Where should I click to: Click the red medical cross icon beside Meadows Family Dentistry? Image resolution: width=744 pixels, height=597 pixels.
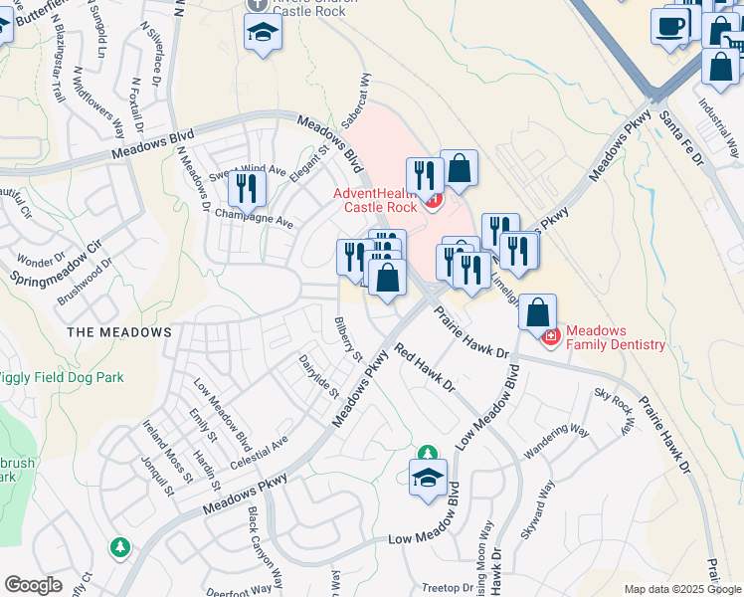(549, 338)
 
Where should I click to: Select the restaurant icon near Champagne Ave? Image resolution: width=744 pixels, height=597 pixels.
(247, 188)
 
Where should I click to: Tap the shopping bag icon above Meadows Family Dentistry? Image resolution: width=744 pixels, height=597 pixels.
(537, 312)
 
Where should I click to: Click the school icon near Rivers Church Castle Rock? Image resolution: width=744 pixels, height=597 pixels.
(263, 33)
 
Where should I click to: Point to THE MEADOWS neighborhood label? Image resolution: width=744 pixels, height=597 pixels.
(119, 332)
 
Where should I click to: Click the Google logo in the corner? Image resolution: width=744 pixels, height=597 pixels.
(33, 585)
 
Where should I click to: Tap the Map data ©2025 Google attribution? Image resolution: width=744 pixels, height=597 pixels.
(682, 589)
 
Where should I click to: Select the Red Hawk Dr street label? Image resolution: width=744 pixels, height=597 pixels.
(424, 367)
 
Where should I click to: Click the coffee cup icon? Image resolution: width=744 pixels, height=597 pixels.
(670, 25)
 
